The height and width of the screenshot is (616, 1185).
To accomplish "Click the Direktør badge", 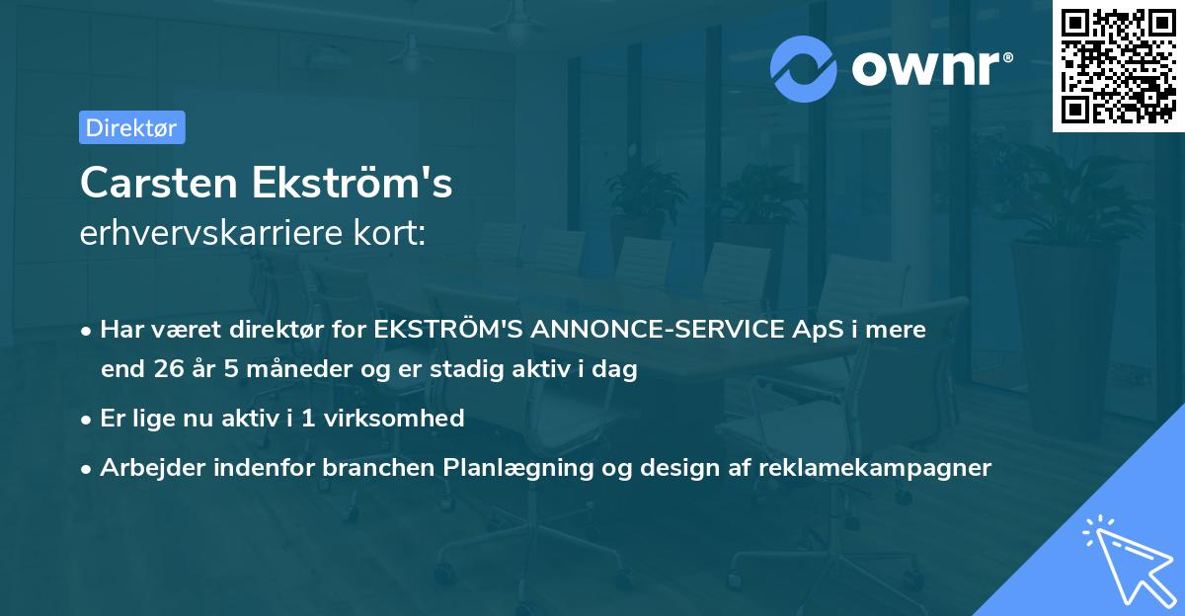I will click(131, 127).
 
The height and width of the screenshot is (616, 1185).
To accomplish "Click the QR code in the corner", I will click(1118, 66).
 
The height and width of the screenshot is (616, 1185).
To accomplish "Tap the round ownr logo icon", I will click(804, 69).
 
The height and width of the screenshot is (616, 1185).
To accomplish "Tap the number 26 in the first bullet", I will click(168, 370).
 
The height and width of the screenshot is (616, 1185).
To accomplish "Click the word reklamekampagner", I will click(874, 468).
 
